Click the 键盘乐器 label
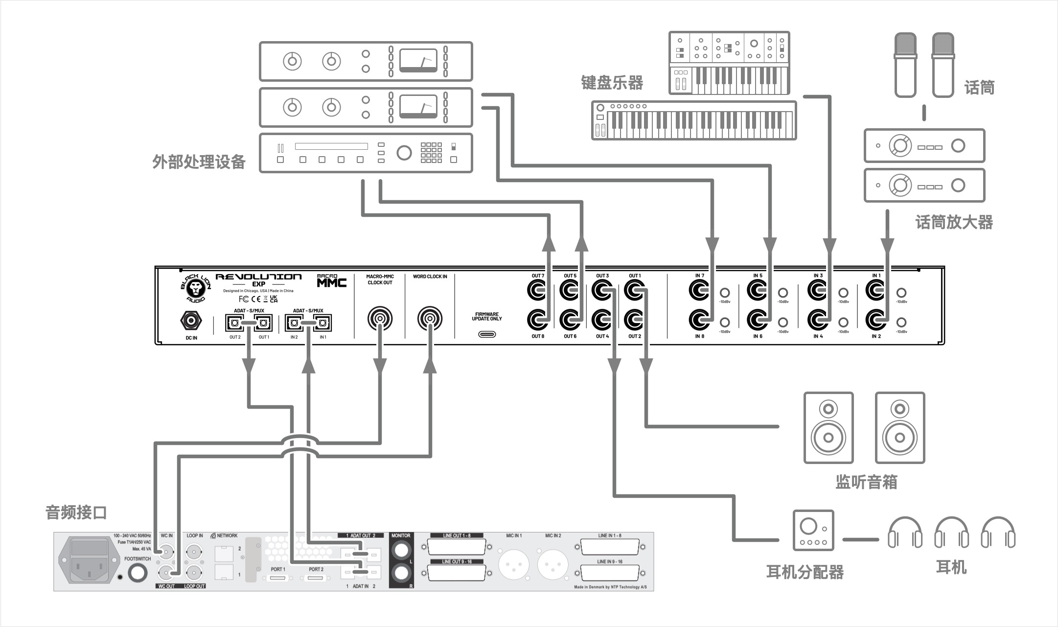(612, 83)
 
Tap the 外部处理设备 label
(199, 162)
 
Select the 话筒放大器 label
(954, 222)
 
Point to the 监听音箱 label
(866, 482)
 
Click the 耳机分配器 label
(805, 572)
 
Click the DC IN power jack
(191, 321)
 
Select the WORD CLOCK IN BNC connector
(429, 319)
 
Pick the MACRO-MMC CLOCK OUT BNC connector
(380, 319)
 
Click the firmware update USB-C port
(486, 334)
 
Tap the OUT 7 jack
(537, 291)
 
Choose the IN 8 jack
(699, 321)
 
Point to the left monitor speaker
(828, 428)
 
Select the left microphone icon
(905, 65)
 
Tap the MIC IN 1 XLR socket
(514, 565)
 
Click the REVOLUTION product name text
(258, 277)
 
